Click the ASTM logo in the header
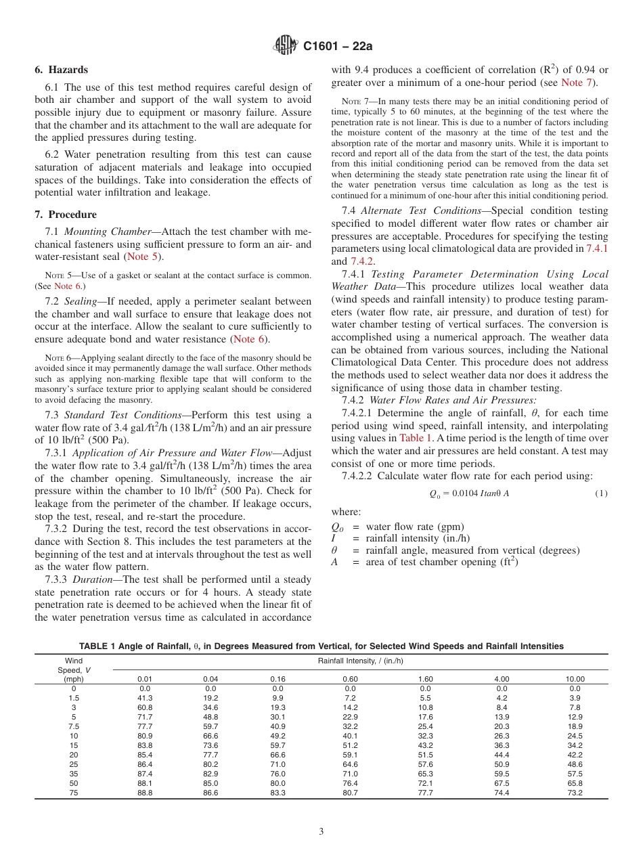pyautogui.click(x=286, y=46)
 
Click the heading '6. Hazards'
pyautogui.click(x=61, y=70)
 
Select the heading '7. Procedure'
pyautogui.click(x=66, y=215)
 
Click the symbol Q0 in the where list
pyautogui.click(x=337, y=527)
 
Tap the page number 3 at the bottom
pyautogui.click(x=321, y=832)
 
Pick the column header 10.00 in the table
pyautogui.click(x=575, y=679)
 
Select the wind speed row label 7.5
pyautogui.click(x=74, y=726)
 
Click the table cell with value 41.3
pyautogui.click(x=145, y=697)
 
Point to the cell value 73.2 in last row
pyautogui.click(x=575, y=792)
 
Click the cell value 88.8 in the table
pyautogui.click(x=145, y=792)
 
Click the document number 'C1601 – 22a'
pyautogui.click(x=338, y=47)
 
